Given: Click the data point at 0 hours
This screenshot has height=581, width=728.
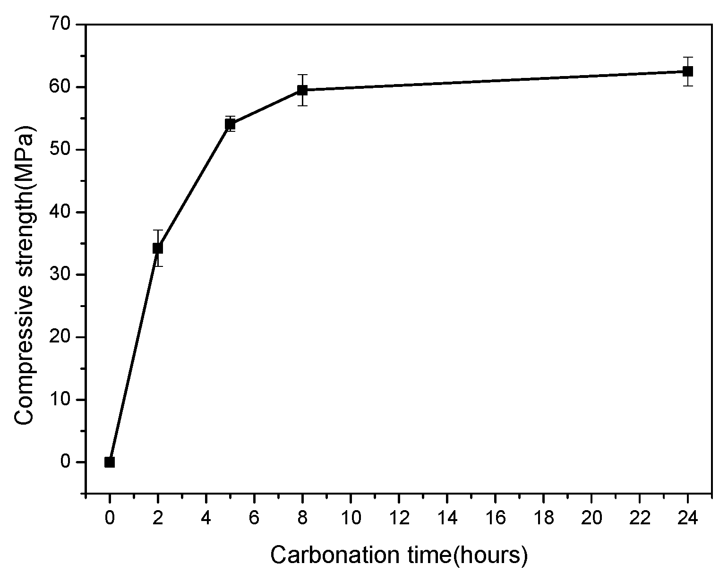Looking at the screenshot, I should tap(110, 462).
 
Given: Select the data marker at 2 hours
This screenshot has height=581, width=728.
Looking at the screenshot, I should tap(158, 248).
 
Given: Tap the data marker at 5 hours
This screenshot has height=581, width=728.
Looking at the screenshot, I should tap(230, 124).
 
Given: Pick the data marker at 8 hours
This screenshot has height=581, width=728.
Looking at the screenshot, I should tap(302, 90).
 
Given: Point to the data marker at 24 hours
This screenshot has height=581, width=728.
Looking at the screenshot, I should tap(688, 71).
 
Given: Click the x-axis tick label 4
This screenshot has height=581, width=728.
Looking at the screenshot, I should tap(206, 519).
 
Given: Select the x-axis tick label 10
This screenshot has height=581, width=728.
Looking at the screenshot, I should tap(351, 519).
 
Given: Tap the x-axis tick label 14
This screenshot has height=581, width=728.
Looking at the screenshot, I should tap(447, 519).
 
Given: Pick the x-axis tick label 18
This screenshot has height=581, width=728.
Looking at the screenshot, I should tap(543, 519).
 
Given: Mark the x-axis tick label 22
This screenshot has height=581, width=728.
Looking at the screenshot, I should tap(640, 519).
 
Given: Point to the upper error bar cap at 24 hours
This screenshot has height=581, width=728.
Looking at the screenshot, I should tap(688, 57).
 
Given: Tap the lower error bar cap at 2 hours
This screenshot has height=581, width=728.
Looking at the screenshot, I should tap(158, 266).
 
